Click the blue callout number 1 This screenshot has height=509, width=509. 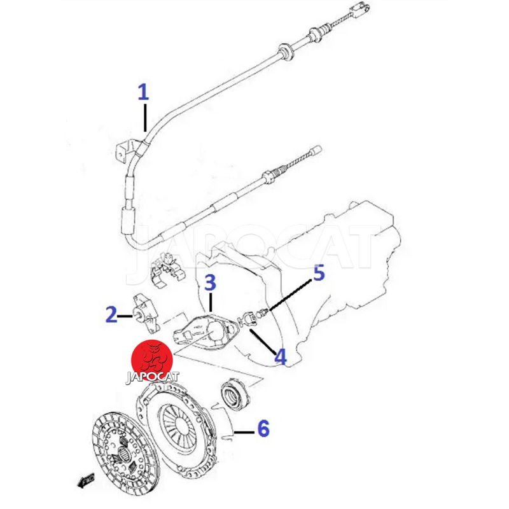pos(143,93)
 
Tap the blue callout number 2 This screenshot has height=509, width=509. pos(111,314)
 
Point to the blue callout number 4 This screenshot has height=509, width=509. pos(280,356)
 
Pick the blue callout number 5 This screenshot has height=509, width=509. pos(318,274)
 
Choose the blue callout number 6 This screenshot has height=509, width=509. pos(262,428)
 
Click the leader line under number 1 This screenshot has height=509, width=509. pos(146,117)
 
